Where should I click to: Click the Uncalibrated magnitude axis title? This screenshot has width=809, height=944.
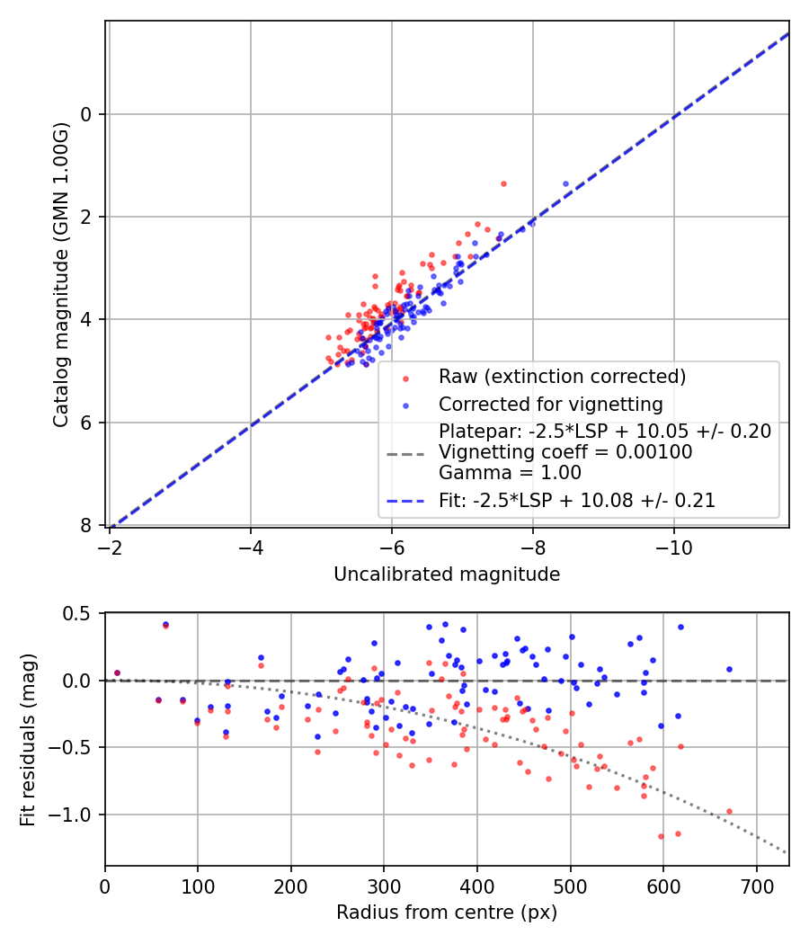pos(447,574)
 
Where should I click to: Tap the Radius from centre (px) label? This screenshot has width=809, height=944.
pos(447,913)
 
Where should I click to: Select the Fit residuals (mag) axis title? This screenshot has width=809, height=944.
pos(28,739)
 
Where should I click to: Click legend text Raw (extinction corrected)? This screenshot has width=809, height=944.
pos(562,376)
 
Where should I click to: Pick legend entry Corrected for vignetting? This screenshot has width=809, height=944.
pos(550,404)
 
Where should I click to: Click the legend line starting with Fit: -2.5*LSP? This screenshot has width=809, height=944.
pos(577,501)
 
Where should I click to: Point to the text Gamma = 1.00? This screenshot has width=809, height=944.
pos(510,473)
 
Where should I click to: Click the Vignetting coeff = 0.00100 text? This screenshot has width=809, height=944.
pos(565,452)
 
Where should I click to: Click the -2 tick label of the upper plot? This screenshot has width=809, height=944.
pos(110,547)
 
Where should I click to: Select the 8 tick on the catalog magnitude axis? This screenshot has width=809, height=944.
pos(87,525)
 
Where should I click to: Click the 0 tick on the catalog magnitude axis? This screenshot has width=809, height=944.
pos(87,114)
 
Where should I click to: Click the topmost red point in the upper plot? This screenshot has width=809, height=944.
pos(503,183)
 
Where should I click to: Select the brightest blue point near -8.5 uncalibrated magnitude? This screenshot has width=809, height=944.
pos(565,183)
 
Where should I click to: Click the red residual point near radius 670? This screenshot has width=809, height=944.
pos(729,811)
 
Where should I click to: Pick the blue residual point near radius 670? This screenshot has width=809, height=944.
pos(729,669)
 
